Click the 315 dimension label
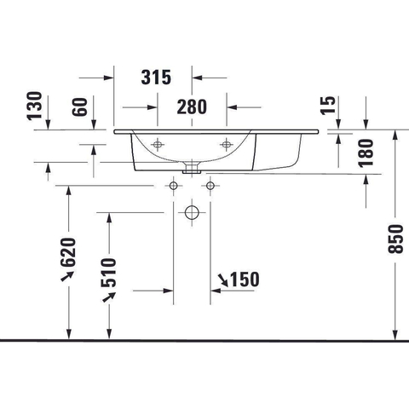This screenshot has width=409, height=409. (156, 78)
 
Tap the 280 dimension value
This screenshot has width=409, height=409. (192, 107)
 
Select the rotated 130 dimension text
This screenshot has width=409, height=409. (35, 106)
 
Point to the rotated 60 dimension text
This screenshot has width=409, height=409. (79, 107)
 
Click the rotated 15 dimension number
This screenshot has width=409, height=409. (328, 106)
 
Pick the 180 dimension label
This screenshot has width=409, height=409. (366, 153)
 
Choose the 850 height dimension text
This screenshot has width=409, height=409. (395, 239)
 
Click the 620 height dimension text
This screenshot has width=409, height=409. (69, 252)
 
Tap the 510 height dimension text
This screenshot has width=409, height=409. (109, 273)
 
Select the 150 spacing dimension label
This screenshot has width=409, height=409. (245, 279)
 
